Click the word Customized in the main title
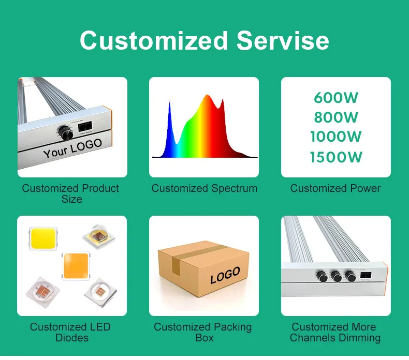(x=154, y=40)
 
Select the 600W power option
(x=335, y=98)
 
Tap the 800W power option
(x=335, y=117)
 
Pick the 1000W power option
(x=335, y=137)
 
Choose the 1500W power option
(x=335, y=157)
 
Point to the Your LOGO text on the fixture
(x=72, y=149)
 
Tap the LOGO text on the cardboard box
(x=225, y=275)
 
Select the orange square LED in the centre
(x=76, y=266)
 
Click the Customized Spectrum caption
(x=204, y=188)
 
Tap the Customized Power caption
(x=335, y=188)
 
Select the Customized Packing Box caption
(x=203, y=332)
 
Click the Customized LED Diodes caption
(x=70, y=332)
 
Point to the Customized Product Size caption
(x=70, y=193)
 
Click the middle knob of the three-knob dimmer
(x=337, y=277)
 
